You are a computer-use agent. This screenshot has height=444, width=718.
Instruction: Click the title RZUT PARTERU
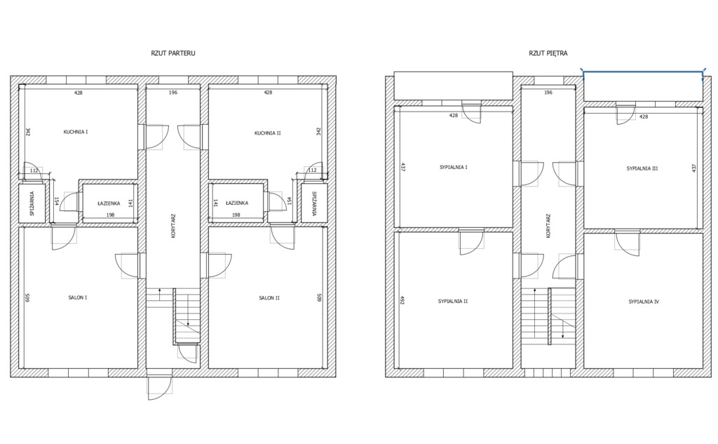pos(173,53)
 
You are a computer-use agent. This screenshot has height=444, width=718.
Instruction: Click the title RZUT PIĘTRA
pos(548,53)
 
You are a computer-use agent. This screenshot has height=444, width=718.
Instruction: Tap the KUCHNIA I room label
pos(76,132)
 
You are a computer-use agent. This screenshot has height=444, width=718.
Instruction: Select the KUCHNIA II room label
pos(267,133)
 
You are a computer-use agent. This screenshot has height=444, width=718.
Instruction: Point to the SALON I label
pos(77,298)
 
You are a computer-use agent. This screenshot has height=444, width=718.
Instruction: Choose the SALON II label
pos(269,298)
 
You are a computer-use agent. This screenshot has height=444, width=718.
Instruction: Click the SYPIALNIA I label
pos(454,167)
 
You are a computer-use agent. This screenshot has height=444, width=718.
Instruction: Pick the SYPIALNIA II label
pos(452,302)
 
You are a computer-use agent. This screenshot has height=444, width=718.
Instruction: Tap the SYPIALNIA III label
pos(642,168)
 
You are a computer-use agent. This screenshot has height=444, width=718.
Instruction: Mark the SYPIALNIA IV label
pos(644,302)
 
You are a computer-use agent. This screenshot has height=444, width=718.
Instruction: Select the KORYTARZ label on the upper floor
pos(548,226)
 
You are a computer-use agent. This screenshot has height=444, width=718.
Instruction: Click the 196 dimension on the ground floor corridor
pos(172,93)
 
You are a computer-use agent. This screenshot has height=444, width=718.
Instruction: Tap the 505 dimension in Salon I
pos(27,298)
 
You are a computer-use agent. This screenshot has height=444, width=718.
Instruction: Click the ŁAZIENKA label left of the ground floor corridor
pos(109,203)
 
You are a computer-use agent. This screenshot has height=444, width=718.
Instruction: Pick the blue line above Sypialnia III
pos(642,72)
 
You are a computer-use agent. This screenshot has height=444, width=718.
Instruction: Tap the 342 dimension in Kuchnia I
pos(27,132)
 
